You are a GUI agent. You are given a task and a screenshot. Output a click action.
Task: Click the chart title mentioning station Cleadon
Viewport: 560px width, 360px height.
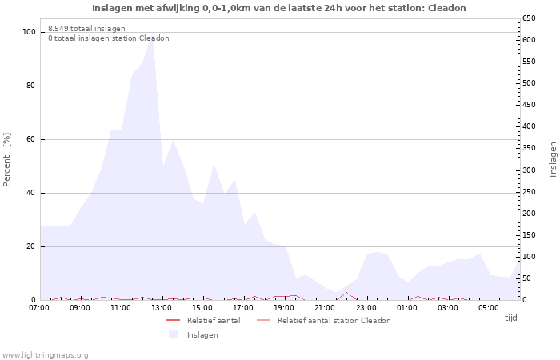[x=279, y=8]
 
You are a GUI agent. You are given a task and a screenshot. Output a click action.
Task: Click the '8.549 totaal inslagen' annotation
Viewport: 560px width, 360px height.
[x=86, y=28]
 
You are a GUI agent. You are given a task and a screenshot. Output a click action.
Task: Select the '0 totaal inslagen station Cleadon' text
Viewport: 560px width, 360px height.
[x=108, y=38]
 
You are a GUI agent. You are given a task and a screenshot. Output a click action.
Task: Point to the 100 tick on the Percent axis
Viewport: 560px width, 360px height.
[x=29, y=32]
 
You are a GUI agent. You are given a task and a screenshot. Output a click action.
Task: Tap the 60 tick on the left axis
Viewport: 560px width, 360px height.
[x=31, y=139]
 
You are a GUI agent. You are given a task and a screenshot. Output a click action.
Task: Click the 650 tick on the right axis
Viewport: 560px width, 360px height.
[x=530, y=18]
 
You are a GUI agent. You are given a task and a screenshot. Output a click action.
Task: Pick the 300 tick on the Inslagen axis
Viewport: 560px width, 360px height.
[x=530, y=170]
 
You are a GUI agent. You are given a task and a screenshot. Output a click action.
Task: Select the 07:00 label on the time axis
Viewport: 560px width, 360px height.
[x=39, y=307]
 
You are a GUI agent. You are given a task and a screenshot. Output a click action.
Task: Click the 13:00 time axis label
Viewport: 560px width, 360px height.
[x=162, y=307]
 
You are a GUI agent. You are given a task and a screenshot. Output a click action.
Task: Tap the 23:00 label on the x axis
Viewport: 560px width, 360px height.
[x=366, y=307]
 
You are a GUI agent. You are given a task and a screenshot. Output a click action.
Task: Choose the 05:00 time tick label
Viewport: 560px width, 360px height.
[x=489, y=307]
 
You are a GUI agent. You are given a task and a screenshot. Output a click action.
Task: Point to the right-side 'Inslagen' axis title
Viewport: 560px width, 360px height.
[x=552, y=159]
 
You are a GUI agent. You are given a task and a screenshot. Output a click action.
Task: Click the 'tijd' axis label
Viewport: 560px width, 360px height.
[x=510, y=318]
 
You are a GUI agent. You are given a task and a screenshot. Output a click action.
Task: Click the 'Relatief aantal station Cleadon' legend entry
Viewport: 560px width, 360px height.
[x=334, y=320]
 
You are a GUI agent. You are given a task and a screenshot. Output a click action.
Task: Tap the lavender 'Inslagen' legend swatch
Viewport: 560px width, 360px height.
[x=173, y=334]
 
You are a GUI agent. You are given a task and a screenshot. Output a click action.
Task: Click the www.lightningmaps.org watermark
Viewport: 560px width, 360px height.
[x=45, y=354]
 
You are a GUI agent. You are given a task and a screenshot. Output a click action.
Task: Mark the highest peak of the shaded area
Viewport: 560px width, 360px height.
[x=152, y=36]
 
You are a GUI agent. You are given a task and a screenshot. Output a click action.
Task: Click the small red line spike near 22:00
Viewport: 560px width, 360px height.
[x=346, y=293]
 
